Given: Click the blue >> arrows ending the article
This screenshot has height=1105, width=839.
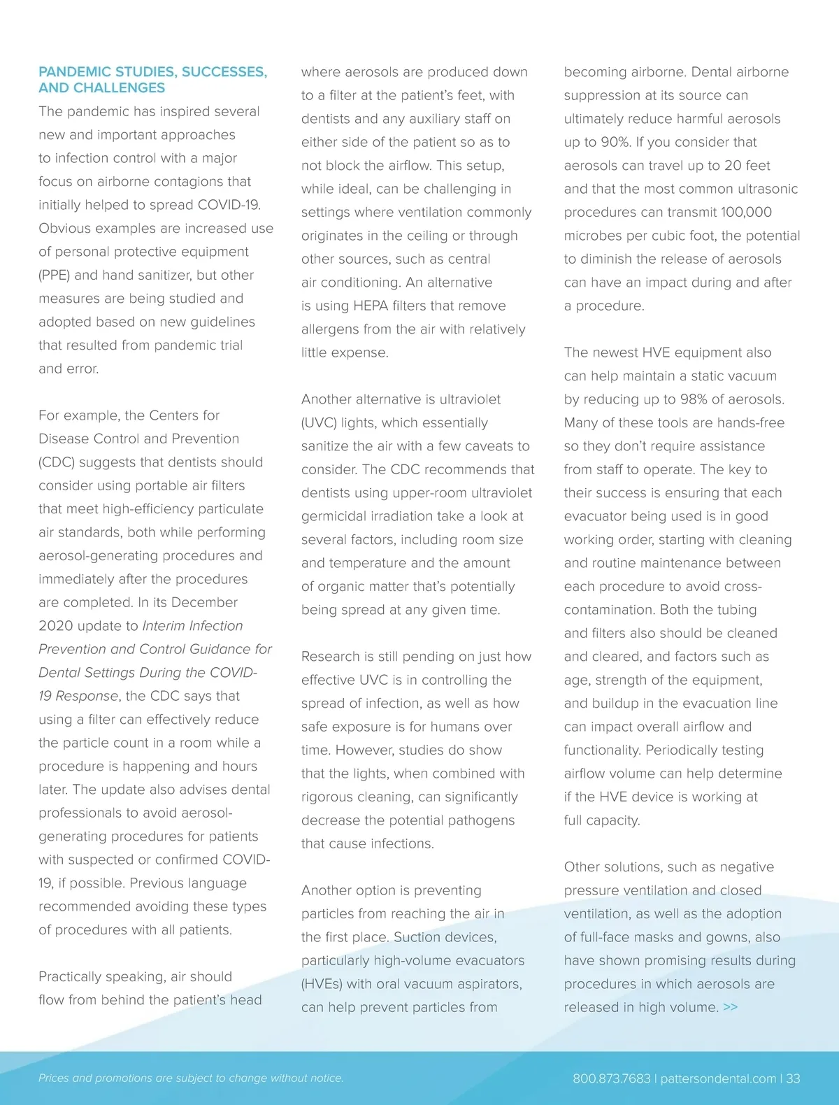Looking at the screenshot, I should coord(731,1007).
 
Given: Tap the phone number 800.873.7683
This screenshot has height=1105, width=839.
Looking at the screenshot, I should coord(611,1078).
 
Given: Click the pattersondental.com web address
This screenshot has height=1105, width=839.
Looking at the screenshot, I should coord(718,1078).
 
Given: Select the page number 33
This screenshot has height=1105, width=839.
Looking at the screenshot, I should coord(793,1078).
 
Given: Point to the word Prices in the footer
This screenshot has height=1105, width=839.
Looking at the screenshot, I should coord(54,1078).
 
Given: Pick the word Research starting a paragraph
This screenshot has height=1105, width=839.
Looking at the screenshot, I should coord(330,657).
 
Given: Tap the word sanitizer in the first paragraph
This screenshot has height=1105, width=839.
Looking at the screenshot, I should coord(164,276).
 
